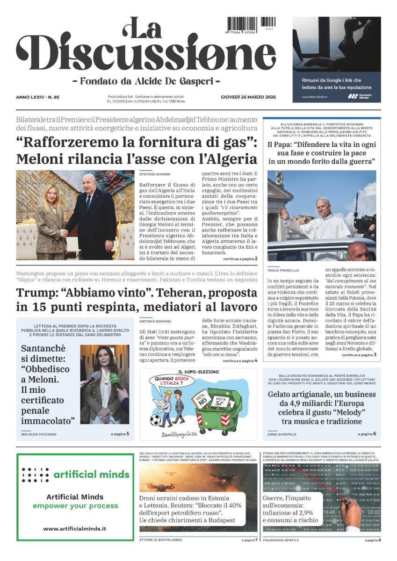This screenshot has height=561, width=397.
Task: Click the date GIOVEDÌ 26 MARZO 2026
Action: tap(248, 97)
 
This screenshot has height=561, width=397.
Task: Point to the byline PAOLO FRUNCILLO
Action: tap(283, 270)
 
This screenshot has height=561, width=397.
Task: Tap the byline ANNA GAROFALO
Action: tap(282, 434)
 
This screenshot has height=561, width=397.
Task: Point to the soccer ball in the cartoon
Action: tap(155, 421)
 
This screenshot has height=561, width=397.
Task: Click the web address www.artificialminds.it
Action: tap(74, 528)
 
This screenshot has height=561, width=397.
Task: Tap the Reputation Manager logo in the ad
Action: tap(360, 96)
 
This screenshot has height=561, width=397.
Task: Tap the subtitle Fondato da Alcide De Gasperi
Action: tap(146, 80)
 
